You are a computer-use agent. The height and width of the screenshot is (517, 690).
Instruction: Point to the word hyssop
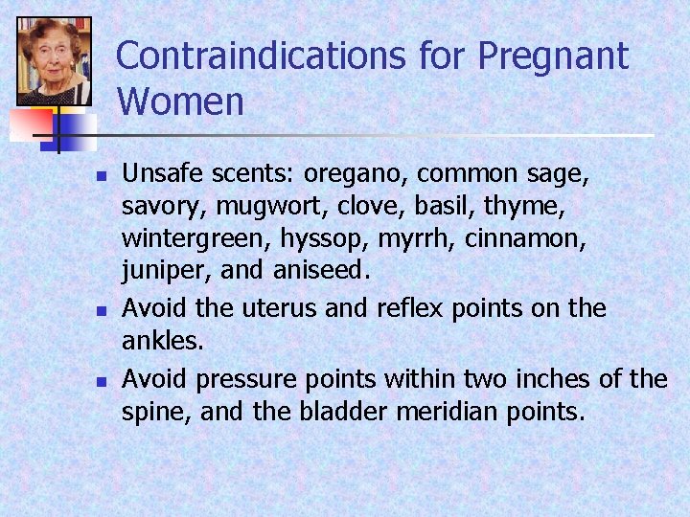coord(331,238)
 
